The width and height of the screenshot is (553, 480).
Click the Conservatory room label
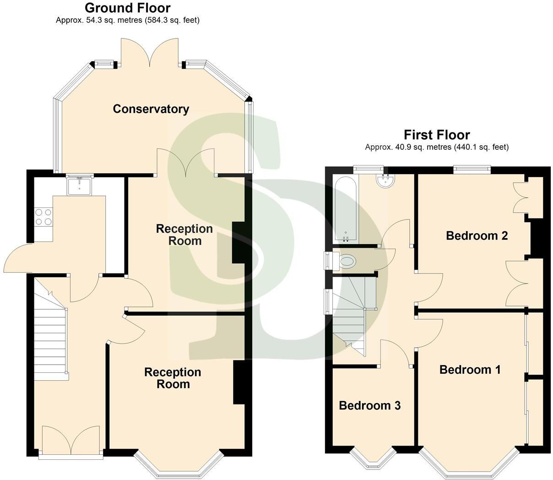coord(151,109)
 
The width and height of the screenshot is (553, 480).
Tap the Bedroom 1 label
coord(470,369)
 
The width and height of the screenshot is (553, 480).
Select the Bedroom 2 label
coord(477,235)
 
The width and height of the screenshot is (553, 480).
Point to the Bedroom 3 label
coord(369,405)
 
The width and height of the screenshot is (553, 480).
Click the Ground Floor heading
coord(127,8)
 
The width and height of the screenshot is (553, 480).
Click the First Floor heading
coord(436,135)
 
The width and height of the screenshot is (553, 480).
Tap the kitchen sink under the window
coord(80,186)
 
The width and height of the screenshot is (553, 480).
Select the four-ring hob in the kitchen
coord(43,217)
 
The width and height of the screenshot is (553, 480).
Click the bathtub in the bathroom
coord(346,210)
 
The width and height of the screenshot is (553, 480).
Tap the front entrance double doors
coord(70,441)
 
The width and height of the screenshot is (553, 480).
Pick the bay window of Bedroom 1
coord(469,465)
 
